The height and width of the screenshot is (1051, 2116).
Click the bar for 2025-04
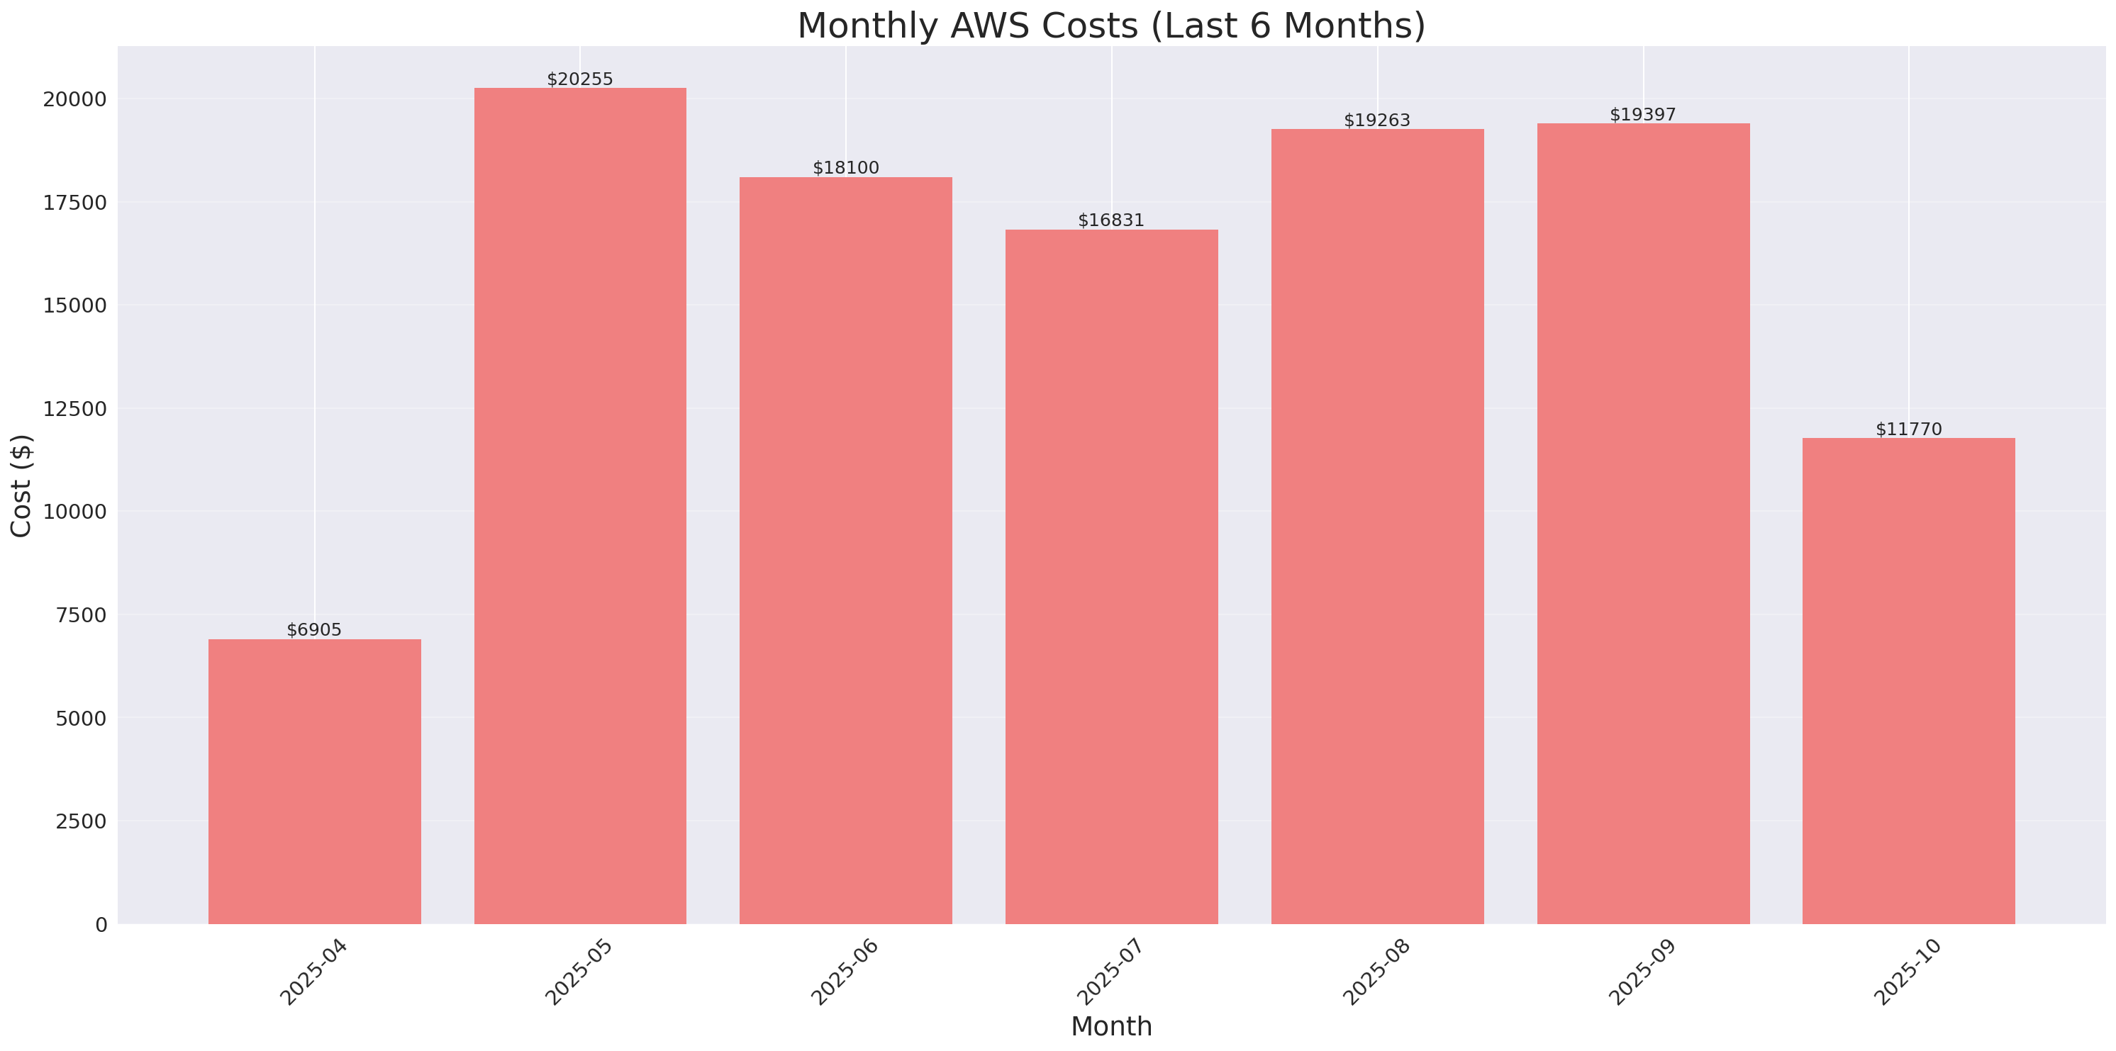coord(315,781)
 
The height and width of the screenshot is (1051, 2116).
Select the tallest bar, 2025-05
coord(580,505)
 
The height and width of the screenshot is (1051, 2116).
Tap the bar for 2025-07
coord(1111,576)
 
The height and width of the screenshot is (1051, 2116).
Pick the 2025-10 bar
coord(1908,680)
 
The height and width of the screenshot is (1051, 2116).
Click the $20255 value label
coord(580,79)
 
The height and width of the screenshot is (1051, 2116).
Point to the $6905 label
coord(314,630)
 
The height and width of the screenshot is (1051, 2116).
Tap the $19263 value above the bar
coord(1376,120)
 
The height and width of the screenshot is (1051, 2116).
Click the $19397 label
coord(1642,115)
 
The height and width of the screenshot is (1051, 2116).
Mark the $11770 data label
coord(1908,429)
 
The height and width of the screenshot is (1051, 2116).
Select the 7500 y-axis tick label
coord(81,615)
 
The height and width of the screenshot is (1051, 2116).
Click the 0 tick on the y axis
coord(101,926)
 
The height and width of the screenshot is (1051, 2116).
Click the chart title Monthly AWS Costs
coord(1110,26)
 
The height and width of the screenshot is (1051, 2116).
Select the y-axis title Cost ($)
coord(21,485)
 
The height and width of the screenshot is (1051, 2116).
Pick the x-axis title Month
coord(1111,1026)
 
